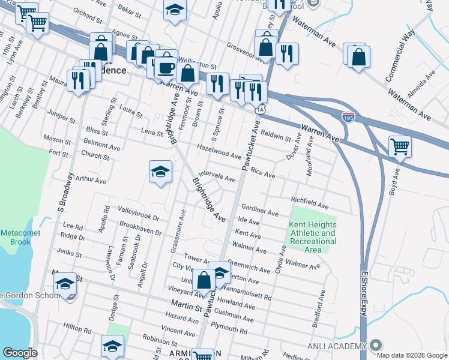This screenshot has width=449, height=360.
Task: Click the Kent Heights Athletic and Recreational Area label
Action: (x=312, y=237)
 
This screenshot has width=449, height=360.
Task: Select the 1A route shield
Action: (x=259, y=110)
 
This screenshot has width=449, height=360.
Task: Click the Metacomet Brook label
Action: (x=15, y=237)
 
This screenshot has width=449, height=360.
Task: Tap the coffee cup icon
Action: (x=166, y=67)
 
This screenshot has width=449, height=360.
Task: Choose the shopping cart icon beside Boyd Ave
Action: (x=399, y=146)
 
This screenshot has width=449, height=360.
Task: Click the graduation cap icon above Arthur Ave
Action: (x=160, y=172)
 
